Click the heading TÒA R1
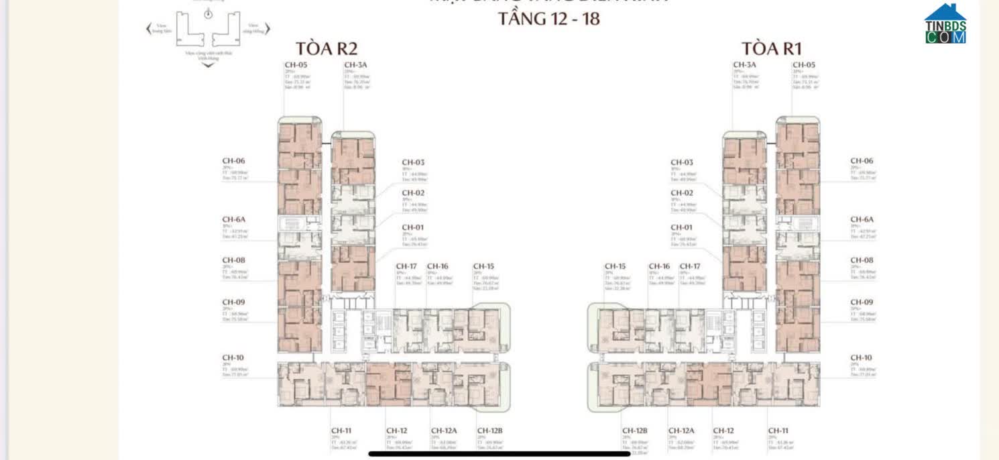(x=771, y=48)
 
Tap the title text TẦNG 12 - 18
(x=548, y=18)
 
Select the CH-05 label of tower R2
(x=293, y=65)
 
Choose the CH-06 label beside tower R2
(x=233, y=161)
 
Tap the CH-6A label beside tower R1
(x=862, y=219)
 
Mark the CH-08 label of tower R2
(x=233, y=260)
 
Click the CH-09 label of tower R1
(x=862, y=302)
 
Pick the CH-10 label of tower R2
(x=233, y=357)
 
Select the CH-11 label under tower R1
(x=778, y=430)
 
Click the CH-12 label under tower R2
(x=396, y=430)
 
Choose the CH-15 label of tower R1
(x=615, y=266)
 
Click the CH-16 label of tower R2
(x=437, y=266)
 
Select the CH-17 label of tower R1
(x=690, y=266)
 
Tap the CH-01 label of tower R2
(x=413, y=227)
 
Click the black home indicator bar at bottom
(x=499, y=454)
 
